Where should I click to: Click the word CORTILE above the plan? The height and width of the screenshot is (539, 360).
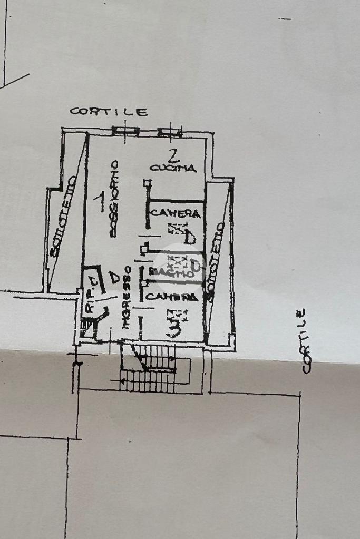point(109,112)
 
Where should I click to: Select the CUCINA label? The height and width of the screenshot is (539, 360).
point(173,169)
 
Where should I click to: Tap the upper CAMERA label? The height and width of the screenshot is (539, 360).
point(176,213)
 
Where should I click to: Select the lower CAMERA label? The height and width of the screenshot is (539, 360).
point(171,297)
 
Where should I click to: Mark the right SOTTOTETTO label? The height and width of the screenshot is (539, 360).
point(216,261)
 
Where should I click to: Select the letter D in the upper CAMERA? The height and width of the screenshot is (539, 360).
point(190,238)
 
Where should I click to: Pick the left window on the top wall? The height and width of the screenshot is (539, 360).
point(125,131)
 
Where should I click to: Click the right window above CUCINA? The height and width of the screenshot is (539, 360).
point(170,132)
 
